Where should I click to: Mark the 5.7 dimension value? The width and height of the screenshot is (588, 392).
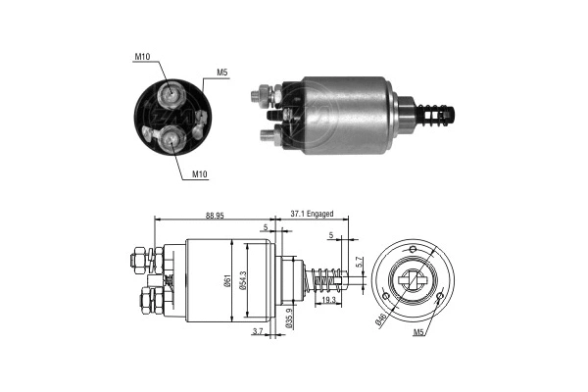(361, 263)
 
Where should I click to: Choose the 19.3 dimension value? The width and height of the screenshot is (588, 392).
(326, 302)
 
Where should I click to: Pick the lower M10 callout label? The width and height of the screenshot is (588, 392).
(200, 174)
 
